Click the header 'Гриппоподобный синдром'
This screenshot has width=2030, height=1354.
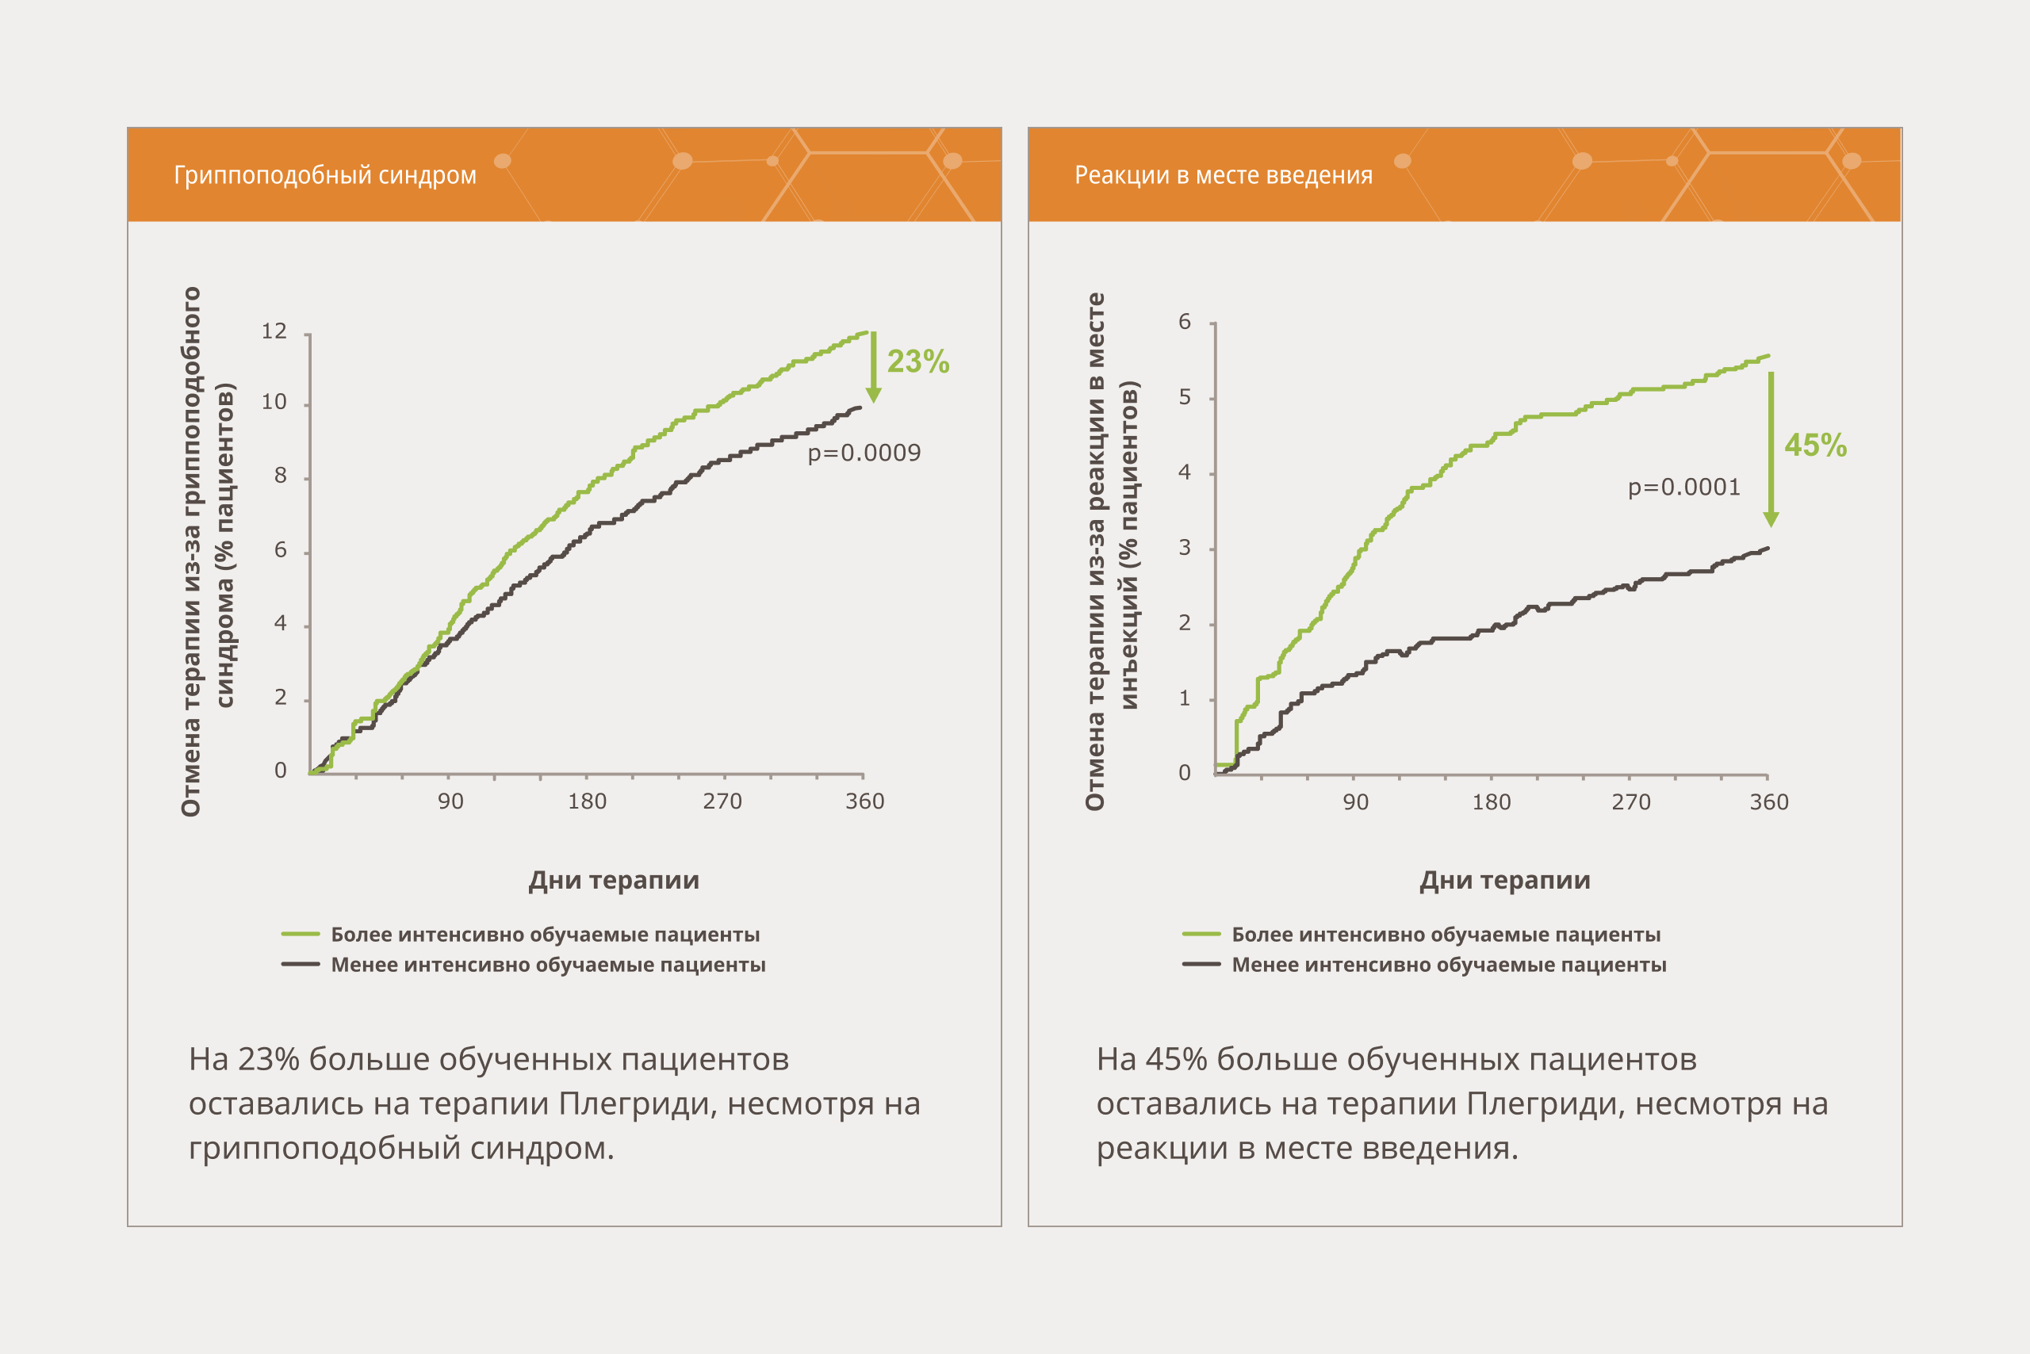[x=325, y=175]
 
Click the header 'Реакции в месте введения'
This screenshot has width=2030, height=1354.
[x=1224, y=175]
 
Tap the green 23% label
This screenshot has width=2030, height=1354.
[x=918, y=361]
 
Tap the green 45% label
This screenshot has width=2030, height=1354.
[x=1816, y=446]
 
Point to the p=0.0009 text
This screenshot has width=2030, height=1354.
[x=864, y=453]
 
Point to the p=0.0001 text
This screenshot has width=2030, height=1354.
[x=1684, y=487]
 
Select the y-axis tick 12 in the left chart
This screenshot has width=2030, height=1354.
[x=274, y=331]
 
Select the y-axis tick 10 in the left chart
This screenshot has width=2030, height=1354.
[x=274, y=403]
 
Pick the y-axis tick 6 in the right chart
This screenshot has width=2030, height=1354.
[x=1185, y=322]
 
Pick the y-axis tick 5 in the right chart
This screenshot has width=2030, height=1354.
[x=1185, y=397]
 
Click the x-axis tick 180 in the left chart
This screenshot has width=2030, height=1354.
[x=587, y=802]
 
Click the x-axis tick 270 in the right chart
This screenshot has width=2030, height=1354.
[x=1631, y=803]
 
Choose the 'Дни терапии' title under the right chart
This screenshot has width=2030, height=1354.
[x=1505, y=881]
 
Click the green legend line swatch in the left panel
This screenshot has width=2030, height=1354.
[x=301, y=935]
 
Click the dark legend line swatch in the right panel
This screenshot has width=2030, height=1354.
[x=1201, y=965]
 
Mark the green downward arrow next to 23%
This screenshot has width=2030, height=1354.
[x=873, y=367]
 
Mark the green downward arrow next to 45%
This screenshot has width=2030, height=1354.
[x=1771, y=449]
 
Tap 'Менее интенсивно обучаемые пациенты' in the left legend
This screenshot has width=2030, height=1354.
[x=549, y=965]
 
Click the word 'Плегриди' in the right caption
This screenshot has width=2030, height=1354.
[x=1546, y=1103]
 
